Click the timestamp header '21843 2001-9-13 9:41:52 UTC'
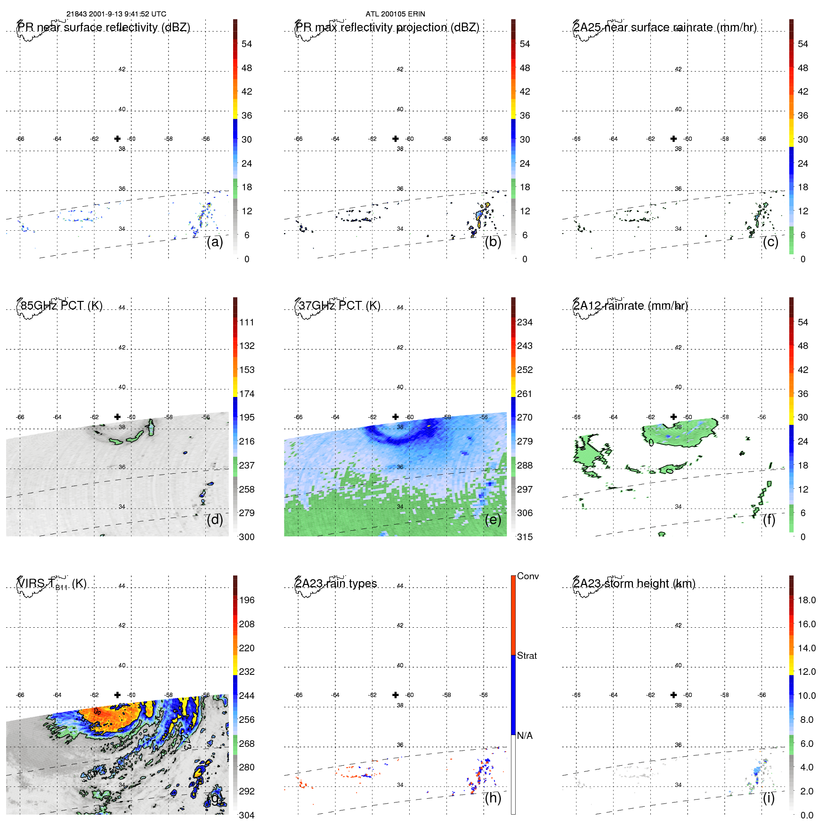point(116,14)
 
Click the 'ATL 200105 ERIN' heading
point(395,14)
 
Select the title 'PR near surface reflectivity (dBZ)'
point(104,27)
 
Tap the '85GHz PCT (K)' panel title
point(61,306)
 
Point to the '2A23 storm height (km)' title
point(634,583)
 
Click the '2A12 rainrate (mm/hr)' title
point(630,306)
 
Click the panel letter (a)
point(215,242)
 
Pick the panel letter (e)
point(493,519)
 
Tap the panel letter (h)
point(493,798)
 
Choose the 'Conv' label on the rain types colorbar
point(527,576)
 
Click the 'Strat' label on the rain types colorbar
point(526,656)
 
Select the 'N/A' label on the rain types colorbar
point(525,736)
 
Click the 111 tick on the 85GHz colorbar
point(247,322)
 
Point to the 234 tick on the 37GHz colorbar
point(525,322)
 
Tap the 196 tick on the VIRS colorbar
point(247,600)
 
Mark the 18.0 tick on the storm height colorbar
point(806,600)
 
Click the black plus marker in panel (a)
point(117,138)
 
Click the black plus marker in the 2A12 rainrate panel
point(673,417)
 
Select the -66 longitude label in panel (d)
point(20,417)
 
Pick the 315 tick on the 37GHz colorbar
point(525,537)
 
